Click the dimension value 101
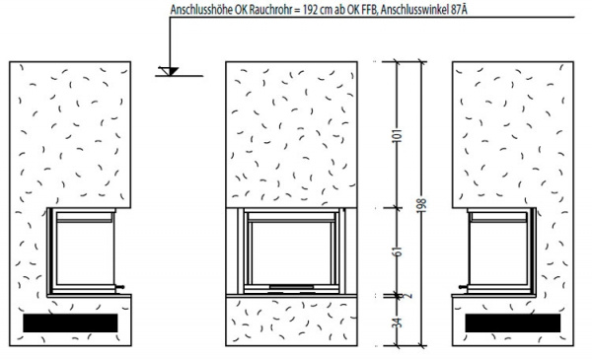coord(398,135)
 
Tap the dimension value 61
coord(398,252)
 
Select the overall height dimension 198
coord(422,205)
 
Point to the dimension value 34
coord(398,323)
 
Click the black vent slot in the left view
coord(70,324)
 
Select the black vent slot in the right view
coord(513,324)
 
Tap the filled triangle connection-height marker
coord(171,71)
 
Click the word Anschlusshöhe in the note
coord(201,10)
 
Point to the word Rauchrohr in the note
coord(272,10)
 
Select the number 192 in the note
coord(310,10)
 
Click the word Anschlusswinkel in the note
coord(414,10)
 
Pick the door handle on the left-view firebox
coord(119,287)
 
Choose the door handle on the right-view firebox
coord(464,287)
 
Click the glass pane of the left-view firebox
coord(85,252)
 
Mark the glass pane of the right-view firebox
coord(498,252)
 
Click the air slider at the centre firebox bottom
coord(291,288)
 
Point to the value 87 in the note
coord(456,10)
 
